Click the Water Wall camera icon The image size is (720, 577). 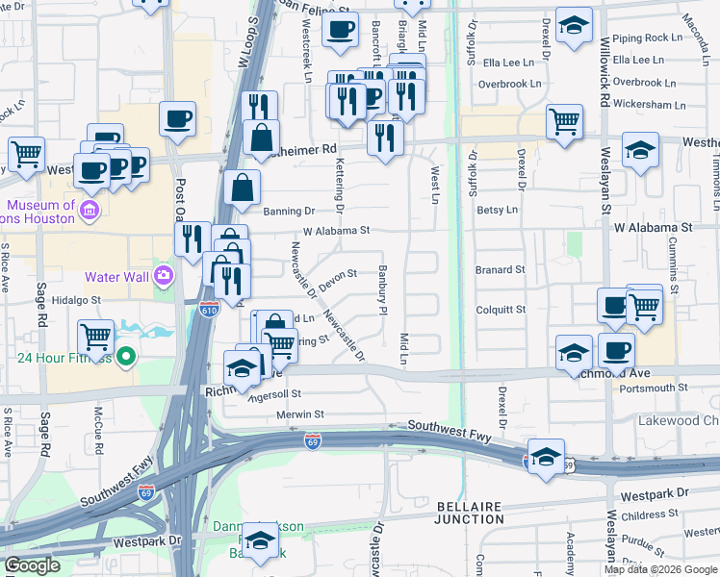(163, 277)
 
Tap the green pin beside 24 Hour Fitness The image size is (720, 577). (126, 359)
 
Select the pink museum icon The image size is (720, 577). (89, 211)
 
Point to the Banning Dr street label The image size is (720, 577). (289, 211)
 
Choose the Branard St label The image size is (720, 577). (501, 270)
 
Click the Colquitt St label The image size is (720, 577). (501, 310)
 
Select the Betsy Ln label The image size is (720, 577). (498, 209)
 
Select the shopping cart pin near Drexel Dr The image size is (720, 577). (564, 121)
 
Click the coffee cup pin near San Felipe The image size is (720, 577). (340, 29)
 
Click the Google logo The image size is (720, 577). (32, 565)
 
